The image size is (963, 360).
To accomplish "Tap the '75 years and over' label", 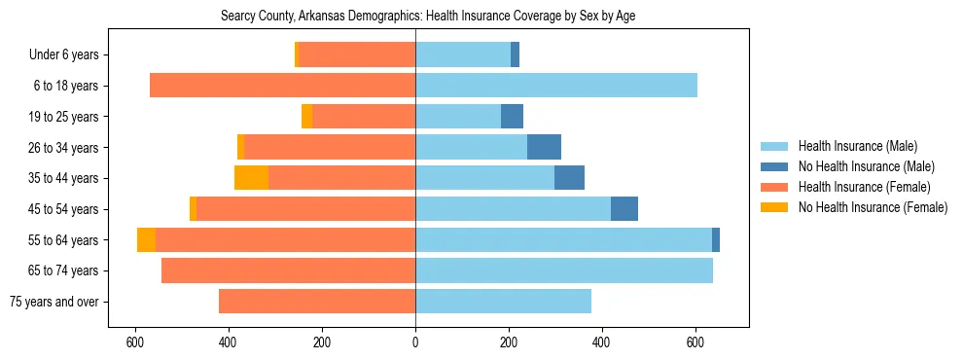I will coord(53,302).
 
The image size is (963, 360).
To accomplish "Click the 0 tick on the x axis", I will coord(415,342).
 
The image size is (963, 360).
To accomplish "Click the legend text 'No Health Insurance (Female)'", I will coord(873,207).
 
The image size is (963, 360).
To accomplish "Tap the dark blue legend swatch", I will coord(774,166).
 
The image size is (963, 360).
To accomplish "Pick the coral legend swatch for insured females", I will coord(774,187).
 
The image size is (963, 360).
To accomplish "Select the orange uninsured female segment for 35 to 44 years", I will coord(251,178).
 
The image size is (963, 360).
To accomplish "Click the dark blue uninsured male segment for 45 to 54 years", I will coord(624,209).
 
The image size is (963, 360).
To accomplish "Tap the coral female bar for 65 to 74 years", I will coord(288,270).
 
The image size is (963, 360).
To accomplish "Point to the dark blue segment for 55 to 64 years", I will coord(716,239).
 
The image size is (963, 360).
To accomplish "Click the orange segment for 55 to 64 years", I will coord(146,239).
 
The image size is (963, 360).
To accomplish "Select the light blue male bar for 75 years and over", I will coord(503,302).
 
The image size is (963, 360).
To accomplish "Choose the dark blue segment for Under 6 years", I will coord(515,55).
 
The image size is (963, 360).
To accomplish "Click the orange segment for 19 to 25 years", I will coord(306,117).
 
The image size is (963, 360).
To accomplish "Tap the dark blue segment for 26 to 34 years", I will coord(544,147).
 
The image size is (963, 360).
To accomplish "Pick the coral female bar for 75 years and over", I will coord(317,302).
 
